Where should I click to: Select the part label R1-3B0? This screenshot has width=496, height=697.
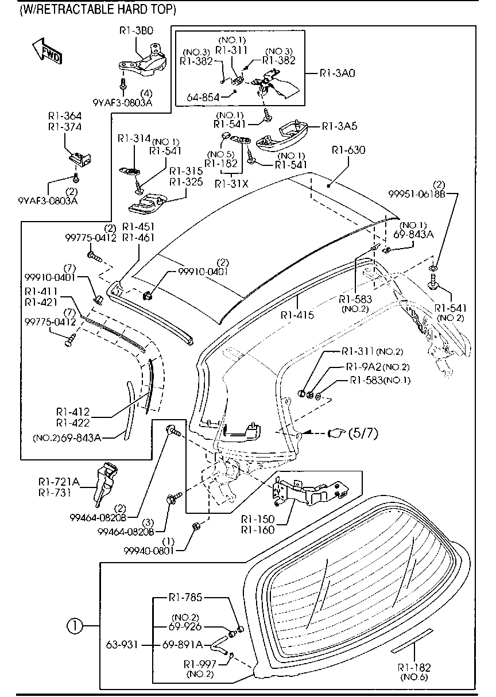[136, 32]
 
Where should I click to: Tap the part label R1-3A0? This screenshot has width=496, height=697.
[338, 73]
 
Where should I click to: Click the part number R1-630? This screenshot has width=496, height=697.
[348, 150]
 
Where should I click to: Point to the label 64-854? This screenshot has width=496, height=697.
[203, 97]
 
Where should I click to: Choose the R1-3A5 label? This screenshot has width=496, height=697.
[339, 126]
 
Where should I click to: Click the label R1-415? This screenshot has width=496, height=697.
[297, 315]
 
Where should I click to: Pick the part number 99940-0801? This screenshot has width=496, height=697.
[149, 550]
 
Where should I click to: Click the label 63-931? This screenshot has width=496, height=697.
[122, 645]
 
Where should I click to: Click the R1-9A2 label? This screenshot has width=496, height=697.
[363, 366]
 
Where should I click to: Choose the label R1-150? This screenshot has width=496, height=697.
[258, 518]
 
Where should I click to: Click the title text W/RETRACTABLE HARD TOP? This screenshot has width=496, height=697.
[97, 10]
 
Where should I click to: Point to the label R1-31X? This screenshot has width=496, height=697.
[232, 183]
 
